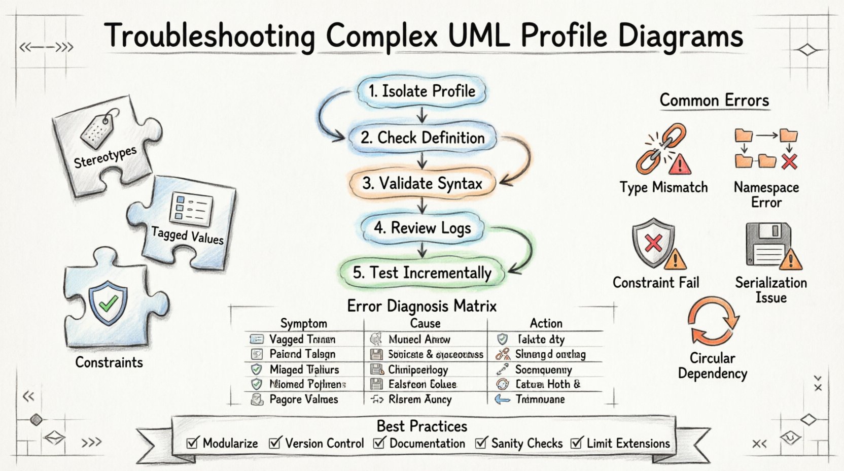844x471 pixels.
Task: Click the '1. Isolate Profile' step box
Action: [x=421, y=91]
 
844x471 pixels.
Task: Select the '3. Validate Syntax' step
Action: [x=421, y=183]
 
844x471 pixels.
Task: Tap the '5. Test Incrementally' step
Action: [x=421, y=273]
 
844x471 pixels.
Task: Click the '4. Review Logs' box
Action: [x=421, y=228]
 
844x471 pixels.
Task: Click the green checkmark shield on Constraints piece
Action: [x=108, y=303]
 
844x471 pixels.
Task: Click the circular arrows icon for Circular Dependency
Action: [x=713, y=321]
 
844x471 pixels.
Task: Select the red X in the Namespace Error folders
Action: [x=789, y=162]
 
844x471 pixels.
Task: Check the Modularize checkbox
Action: [x=192, y=443]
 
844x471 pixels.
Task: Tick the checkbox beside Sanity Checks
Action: [x=480, y=443]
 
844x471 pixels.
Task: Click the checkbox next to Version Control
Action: [x=275, y=443]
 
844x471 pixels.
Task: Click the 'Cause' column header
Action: [x=425, y=323]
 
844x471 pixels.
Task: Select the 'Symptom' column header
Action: [x=303, y=323]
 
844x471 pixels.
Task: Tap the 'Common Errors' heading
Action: [x=714, y=100]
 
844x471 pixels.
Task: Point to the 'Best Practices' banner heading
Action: [x=421, y=426]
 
